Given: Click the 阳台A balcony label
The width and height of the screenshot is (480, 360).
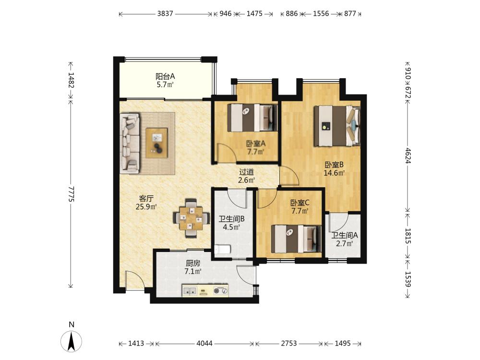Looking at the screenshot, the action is (x=165, y=76).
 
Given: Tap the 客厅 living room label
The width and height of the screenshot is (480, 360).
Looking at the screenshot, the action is (x=146, y=198).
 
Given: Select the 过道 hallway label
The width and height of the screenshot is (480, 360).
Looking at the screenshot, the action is (x=246, y=172).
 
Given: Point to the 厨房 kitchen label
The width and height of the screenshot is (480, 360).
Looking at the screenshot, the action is (x=193, y=263).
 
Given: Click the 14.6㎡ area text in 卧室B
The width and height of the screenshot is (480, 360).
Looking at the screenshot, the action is (x=334, y=173).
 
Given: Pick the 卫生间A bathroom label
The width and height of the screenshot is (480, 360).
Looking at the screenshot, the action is (x=345, y=235).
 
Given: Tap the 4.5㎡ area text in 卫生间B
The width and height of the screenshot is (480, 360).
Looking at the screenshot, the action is (x=231, y=227).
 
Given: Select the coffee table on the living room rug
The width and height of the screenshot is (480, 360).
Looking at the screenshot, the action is (x=157, y=143).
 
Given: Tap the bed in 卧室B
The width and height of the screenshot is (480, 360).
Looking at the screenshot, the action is (x=337, y=126).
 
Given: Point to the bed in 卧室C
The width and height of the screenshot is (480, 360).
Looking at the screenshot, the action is (x=296, y=239).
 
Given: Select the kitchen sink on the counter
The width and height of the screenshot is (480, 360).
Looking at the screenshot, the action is (x=190, y=290).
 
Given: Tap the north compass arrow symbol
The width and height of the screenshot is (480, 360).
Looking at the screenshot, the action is (x=72, y=341).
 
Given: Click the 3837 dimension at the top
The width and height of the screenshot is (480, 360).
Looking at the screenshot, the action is (x=165, y=14).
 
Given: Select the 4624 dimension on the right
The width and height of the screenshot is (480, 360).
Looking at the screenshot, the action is (x=408, y=156).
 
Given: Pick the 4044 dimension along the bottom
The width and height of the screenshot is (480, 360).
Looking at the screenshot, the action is (x=204, y=344).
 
